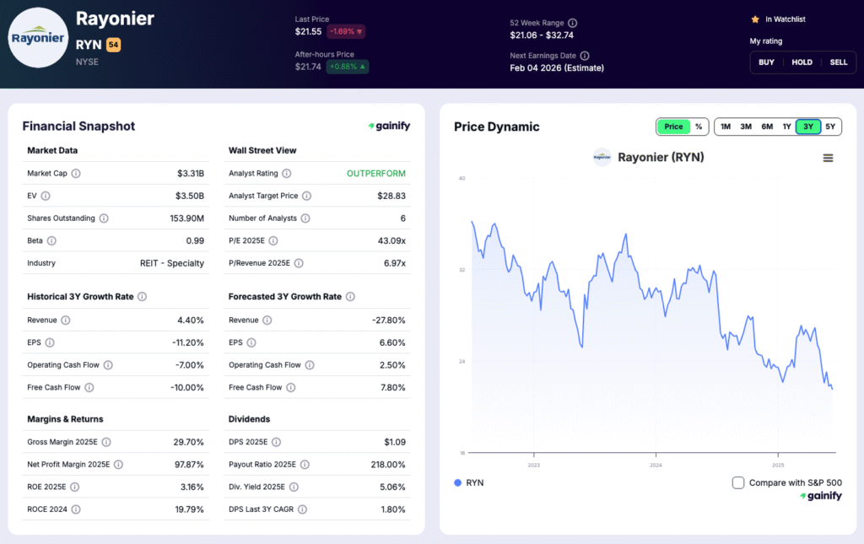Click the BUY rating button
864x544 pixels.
tap(766, 62)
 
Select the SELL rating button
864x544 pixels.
tap(838, 62)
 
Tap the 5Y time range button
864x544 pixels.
tap(830, 127)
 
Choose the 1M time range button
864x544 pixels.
tap(725, 127)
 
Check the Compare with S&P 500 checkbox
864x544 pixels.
tap(738, 482)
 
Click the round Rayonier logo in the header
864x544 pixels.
tap(37, 38)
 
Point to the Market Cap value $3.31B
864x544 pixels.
tap(190, 174)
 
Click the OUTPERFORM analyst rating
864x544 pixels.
tap(375, 174)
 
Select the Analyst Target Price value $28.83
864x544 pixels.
tap(391, 196)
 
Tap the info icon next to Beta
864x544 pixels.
tap(51, 240)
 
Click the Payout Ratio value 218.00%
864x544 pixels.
tap(386, 465)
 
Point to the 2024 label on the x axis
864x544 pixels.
tap(656, 465)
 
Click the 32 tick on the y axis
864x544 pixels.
tap(462, 270)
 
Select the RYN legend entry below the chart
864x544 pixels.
tap(469, 482)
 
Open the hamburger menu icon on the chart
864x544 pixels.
tap(828, 158)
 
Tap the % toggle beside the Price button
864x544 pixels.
tap(699, 127)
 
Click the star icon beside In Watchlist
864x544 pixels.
tap(755, 19)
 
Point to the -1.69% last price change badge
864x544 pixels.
tap(346, 31)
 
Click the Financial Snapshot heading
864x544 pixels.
tap(78, 127)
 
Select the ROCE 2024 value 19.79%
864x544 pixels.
tap(187, 509)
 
